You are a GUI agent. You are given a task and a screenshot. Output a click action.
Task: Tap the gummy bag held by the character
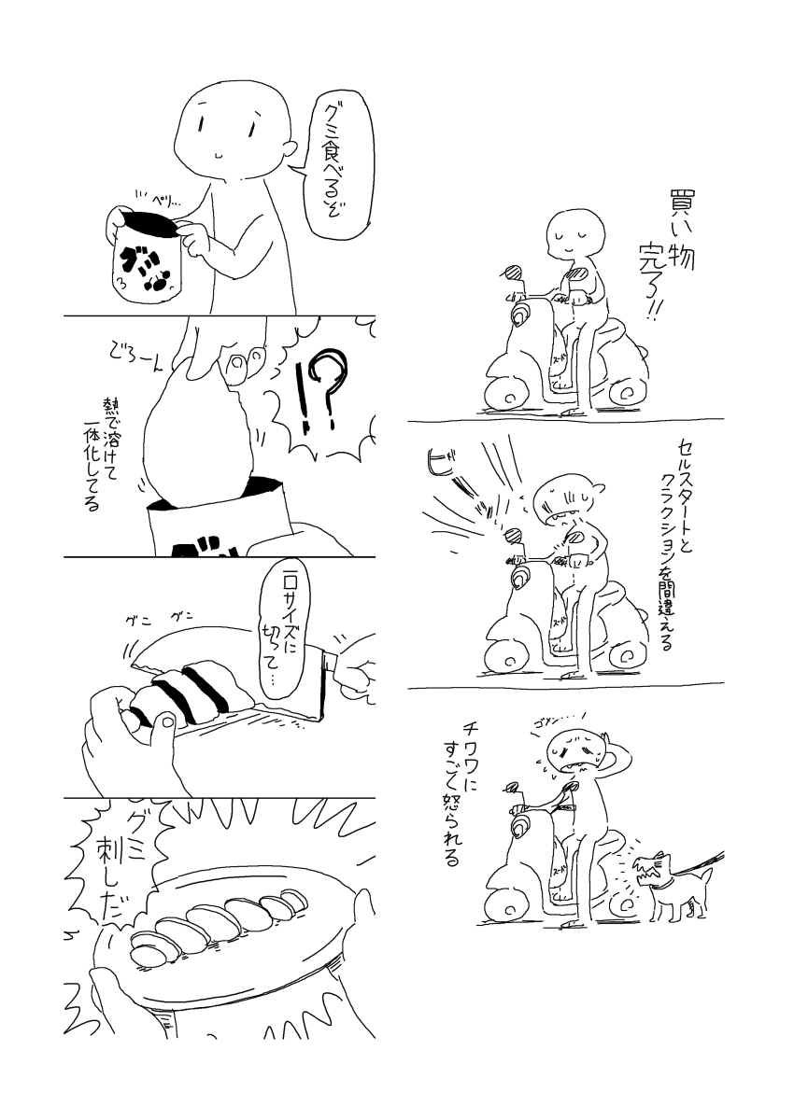[x=148, y=257]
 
